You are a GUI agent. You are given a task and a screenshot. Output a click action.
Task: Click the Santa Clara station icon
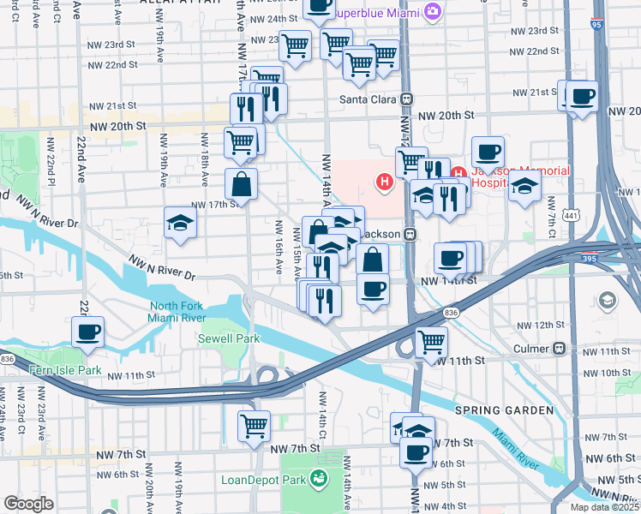coord(407,99)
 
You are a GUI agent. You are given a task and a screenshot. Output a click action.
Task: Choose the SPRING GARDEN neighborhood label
coord(504,410)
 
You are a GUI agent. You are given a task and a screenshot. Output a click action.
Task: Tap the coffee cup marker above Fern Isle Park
coord(87,332)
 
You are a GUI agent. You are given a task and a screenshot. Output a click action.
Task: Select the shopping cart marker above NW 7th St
coord(254,424)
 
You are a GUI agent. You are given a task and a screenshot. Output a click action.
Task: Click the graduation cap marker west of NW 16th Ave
coord(181,224)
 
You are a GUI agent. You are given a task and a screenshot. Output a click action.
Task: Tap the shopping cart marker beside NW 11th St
coord(431,341)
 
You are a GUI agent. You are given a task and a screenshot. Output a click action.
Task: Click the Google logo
coord(28,504)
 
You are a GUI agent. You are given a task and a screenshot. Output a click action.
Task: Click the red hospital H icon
coord(386,182)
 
